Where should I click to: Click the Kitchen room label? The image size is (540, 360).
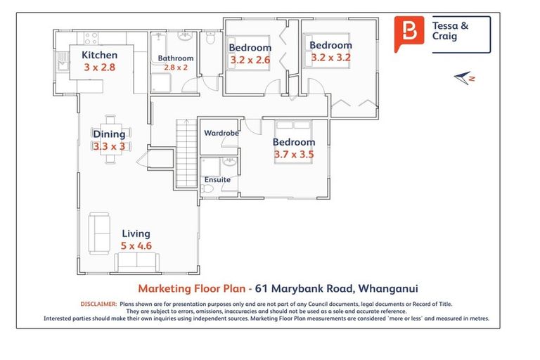pyautogui.click(x=99, y=55)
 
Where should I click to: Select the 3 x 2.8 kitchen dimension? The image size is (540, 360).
pyautogui.click(x=99, y=68)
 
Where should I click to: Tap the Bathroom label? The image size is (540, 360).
pyautogui.click(x=175, y=58)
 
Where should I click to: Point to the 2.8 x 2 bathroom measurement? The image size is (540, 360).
pyautogui.click(x=175, y=67)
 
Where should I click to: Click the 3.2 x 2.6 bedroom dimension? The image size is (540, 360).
pyautogui.click(x=250, y=60)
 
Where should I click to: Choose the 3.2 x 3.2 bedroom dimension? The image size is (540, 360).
pyautogui.click(x=330, y=58)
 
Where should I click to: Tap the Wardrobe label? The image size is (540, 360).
pyautogui.click(x=221, y=132)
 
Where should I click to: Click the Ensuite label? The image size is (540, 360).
pyautogui.click(x=217, y=179)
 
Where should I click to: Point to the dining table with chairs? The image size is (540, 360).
pyautogui.click(x=110, y=138)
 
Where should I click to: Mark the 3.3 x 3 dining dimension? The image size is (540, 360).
pyautogui.click(x=109, y=146)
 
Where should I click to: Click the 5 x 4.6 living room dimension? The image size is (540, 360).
pyautogui.click(x=136, y=246)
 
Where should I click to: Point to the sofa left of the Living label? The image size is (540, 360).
pyautogui.click(x=98, y=233)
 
